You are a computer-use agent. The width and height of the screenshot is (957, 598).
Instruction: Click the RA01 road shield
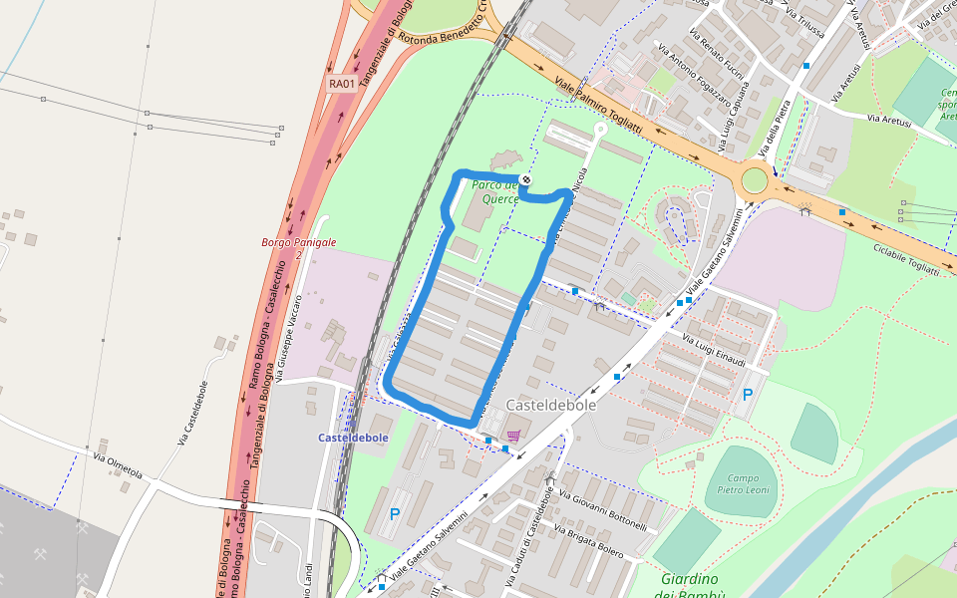coord(342,84)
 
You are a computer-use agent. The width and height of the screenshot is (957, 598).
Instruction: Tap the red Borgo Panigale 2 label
coord(298,248)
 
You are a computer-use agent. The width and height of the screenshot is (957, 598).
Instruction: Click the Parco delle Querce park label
coord(495,191)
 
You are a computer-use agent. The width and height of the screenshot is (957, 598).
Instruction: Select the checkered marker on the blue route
coord(525,179)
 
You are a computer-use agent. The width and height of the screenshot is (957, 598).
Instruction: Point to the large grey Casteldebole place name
coord(550,406)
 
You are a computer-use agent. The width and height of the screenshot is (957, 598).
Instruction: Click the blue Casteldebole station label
coord(353,438)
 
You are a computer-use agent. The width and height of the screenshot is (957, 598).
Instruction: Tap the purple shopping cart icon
coord(513,436)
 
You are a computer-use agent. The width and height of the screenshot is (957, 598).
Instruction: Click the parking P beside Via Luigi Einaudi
coord(748,395)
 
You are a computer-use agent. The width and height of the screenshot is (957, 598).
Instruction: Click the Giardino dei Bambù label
coord(688,586)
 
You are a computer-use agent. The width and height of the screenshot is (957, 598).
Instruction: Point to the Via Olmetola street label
coord(118,465)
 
